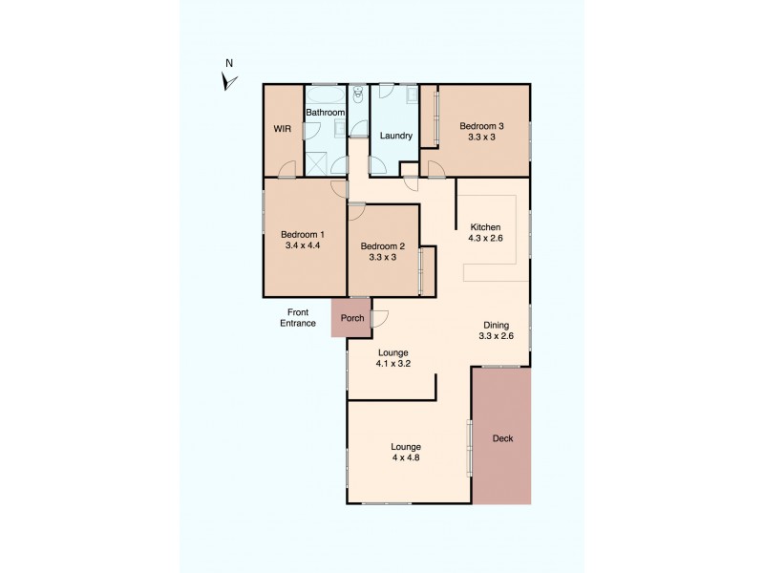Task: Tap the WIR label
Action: click(x=283, y=129)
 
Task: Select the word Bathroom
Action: click(x=325, y=113)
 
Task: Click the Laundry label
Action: click(x=395, y=136)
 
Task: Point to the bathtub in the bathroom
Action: click(x=325, y=95)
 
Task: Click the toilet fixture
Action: click(x=358, y=95)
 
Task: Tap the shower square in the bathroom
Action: click(x=315, y=163)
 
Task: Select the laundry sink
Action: click(x=411, y=95)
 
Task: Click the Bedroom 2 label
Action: click(x=382, y=246)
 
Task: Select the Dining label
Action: click(x=496, y=324)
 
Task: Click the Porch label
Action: click(x=352, y=318)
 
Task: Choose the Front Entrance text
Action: click(x=297, y=318)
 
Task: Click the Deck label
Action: click(x=502, y=439)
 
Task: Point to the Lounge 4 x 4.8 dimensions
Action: click(x=405, y=457)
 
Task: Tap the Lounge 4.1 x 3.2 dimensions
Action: click(x=393, y=364)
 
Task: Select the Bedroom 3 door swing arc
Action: click(x=434, y=169)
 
